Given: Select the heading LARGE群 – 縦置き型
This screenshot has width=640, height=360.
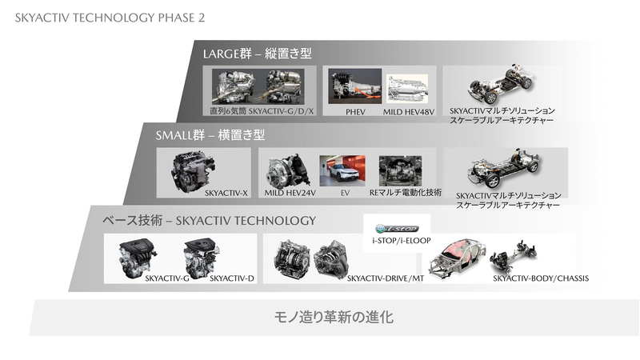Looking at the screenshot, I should (x=256, y=54).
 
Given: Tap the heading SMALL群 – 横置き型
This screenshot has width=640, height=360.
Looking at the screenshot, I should (x=210, y=135).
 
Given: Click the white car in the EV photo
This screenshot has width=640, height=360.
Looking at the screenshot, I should (x=342, y=170).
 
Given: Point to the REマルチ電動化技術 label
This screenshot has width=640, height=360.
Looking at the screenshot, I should (x=405, y=193).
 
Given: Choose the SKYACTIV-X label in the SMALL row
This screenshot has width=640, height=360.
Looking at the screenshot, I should (x=227, y=193).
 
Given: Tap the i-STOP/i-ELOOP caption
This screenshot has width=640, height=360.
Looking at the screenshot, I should (x=398, y=239).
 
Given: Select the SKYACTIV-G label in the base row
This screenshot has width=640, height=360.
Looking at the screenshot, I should (x=166, y=278).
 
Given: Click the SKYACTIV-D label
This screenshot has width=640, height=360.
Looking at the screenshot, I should (x=231, y=278).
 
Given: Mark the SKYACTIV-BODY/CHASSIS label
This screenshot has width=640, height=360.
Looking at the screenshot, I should (x=541, y=278).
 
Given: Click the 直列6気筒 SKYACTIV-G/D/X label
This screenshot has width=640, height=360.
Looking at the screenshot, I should (x=261, y=112).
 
